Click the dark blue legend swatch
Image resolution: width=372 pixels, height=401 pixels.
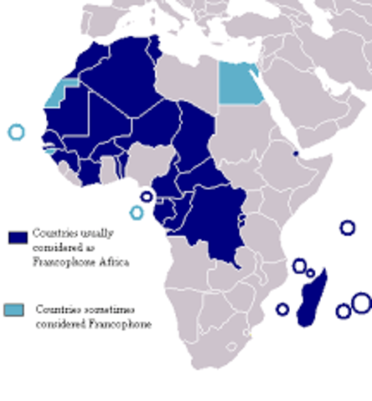click(x=18, y=237)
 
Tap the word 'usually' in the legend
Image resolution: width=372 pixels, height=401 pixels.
click(x=87, y=232)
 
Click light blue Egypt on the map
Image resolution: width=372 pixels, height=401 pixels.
click(x=239, y=83)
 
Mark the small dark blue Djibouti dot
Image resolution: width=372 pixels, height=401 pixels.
click(x=295, y=154)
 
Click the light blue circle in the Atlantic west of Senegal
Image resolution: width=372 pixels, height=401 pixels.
click(x=16, y=131)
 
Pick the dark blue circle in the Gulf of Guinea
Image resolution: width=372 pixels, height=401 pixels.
click(x=147, y=197)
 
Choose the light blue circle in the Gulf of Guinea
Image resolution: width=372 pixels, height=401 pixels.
click(x=136, y=212)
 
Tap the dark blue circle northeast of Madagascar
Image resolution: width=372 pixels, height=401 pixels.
click(x=347, y=227)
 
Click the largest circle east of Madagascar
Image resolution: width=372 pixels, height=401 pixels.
click(x=360, y=302)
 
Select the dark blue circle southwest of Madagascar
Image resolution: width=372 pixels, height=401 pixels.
click(x=283, y=309)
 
